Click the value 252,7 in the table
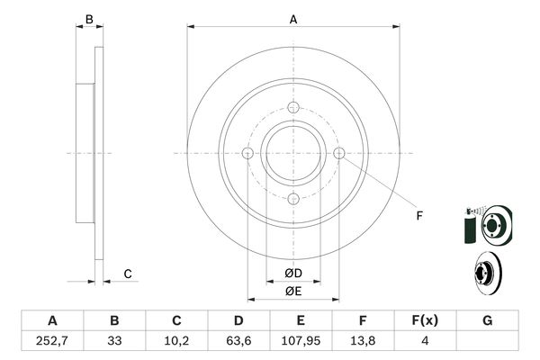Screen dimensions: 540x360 point(52,341)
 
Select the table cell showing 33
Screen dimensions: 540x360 point(114,341)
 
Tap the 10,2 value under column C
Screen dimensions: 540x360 point(176,341)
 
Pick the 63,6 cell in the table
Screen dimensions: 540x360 point(238,341)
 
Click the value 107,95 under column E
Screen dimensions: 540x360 point(301,341)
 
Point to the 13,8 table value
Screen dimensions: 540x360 point(363,341)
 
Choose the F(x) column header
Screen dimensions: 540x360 point(425,320)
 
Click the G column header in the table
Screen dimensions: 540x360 point(487,320)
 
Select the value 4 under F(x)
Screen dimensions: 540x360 point(425,341)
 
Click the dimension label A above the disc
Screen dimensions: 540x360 point(293,20)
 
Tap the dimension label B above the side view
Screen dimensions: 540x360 point(89,20)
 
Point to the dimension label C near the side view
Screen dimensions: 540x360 point(128,274)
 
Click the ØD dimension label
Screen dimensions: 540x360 point(293,274)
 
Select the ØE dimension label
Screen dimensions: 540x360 point(293,292)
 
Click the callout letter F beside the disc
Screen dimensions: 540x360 point(419,216)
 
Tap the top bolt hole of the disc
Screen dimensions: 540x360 point(293,107)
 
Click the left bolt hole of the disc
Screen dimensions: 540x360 point(248,153)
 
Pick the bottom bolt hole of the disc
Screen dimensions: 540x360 point(293,199)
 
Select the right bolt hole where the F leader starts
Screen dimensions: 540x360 point(339,153)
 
